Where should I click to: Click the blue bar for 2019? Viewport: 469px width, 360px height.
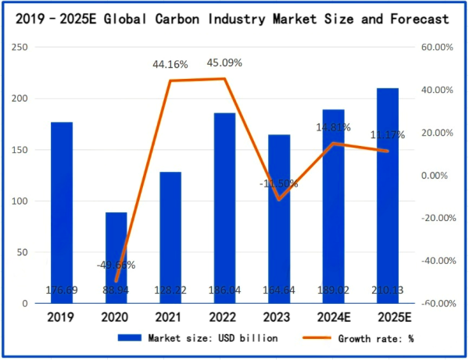point(62,211)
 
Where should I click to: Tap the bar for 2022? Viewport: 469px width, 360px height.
point(225,207)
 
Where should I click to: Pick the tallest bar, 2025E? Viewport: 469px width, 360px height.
point(388,195)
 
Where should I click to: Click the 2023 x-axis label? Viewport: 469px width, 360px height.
point(279,317)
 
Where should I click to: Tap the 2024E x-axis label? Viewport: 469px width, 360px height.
point(334,317)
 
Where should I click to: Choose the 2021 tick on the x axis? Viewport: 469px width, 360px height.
point(170,317)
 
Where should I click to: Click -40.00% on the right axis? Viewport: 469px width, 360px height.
point(436,261)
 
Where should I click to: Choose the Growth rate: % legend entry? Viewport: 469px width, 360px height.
point(366,338)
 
